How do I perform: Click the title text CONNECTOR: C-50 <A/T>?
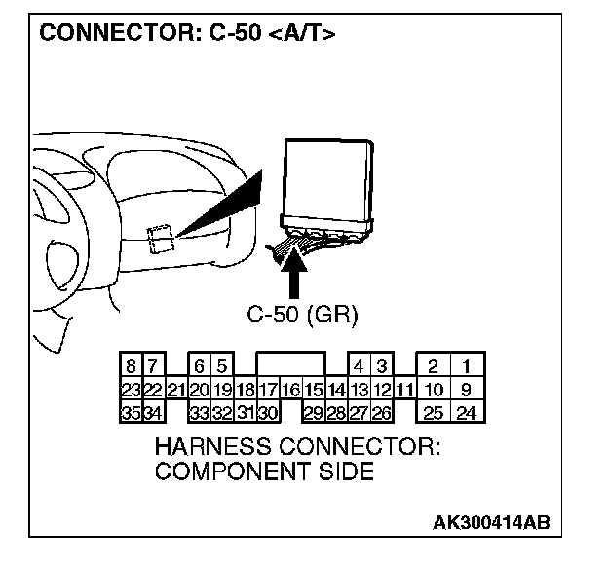186,34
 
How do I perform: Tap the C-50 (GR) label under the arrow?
302,315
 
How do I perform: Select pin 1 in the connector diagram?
468,367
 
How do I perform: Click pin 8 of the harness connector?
131,367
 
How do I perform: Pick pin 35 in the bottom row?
131,413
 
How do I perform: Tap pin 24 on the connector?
467,413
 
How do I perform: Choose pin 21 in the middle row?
175,390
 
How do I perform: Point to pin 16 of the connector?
291,390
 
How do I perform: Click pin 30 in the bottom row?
268,413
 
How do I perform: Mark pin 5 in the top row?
222,367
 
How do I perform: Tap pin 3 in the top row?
382,367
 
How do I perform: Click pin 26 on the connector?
382,413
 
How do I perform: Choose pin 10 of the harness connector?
434,390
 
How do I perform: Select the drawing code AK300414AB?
491,521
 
